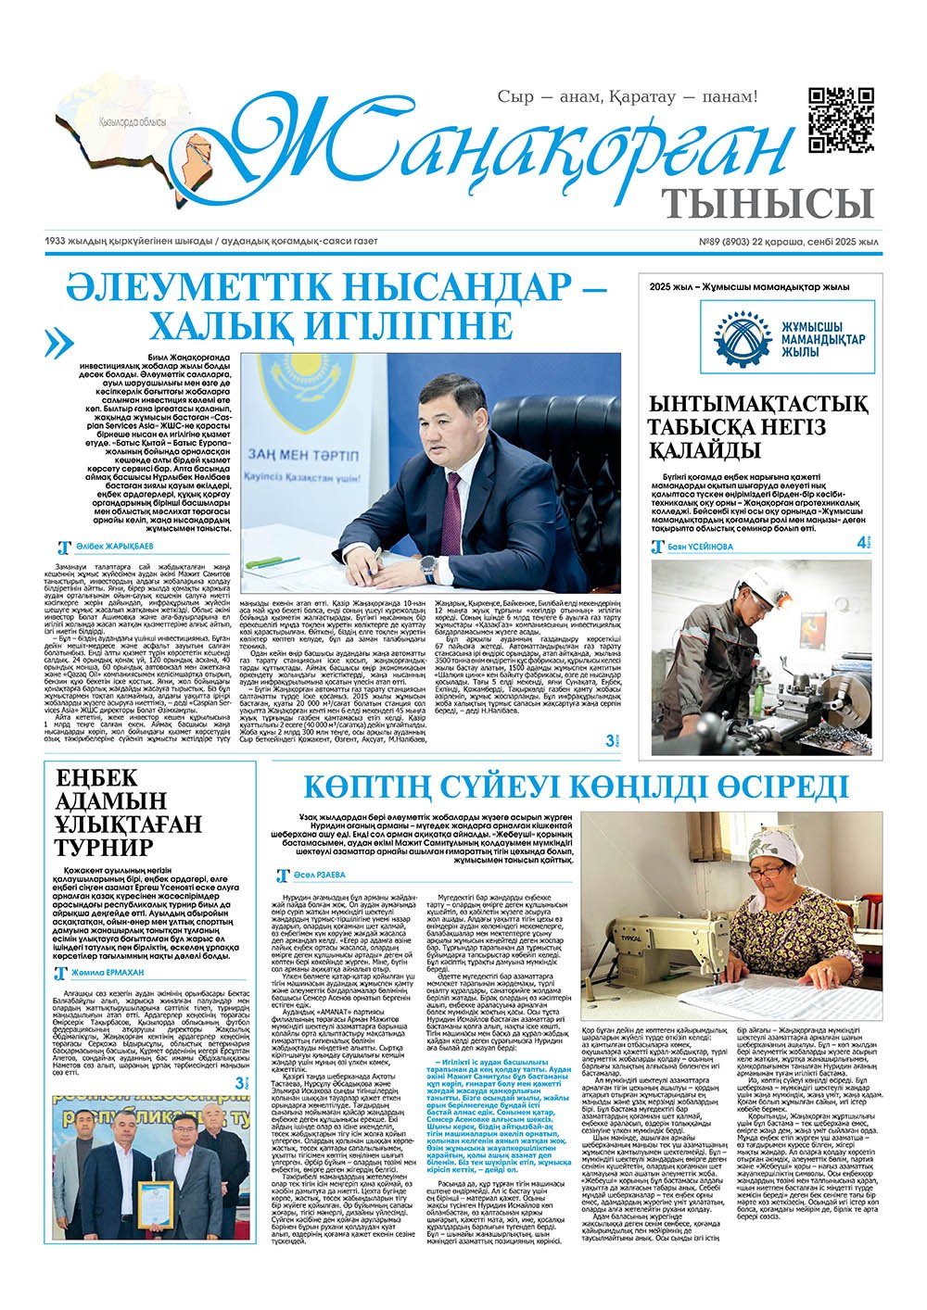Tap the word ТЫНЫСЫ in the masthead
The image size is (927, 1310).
point(768,201)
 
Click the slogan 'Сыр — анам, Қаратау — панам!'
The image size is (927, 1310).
point(628,96)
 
